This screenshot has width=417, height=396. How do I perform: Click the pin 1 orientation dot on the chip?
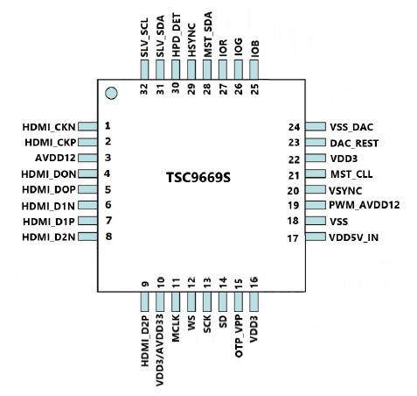pyautogui.click(x=111, y=94)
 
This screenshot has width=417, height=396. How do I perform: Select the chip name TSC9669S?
pyautogui.click(x=198, y=177)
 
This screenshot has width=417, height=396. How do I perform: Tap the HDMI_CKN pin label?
pyautogui.click(x=49, y=127)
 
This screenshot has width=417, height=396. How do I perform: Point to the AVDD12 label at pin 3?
pyautogui.click(x=55, y=158)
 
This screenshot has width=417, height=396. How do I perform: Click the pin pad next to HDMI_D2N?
pyautogui.click(x=87, y=237)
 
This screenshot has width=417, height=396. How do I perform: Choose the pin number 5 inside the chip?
pyautogui.click(x=108, y=189)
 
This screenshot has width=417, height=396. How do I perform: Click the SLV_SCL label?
pyautogui.click(x=144, y=38)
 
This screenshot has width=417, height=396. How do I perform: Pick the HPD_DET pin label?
pyautogui.click(x=176, y=35)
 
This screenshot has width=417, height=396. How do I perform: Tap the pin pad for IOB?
pyautogui.click(x=254, y=69)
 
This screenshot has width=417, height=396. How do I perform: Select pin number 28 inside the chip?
pyautogui.click(x=207, y=89)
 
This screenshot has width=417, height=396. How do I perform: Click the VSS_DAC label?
pyautogui.click(x=351, y=127)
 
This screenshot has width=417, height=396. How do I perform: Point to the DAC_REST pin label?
pyautogui.click(x=354, y=143)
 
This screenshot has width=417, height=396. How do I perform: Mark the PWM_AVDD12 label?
pyautogui.click(x=365, y=205)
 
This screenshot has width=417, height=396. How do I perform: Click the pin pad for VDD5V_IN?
pyautogui.click(x=316, y=237)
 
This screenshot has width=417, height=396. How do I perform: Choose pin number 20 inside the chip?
pyautogui.click(x=293, y=191)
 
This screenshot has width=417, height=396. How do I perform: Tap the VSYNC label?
pyautogui.click(x=345, y=191)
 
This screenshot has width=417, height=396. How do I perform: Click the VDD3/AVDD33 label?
pyautogui.click(x=160, y=350)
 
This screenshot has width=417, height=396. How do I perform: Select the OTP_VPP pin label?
pyautogui.click(x=239, y=336)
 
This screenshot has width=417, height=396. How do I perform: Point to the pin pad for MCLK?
pyautogui.click(x=176, y=301)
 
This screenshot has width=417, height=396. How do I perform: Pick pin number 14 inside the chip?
pyautogui.click(x=223, y=283)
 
